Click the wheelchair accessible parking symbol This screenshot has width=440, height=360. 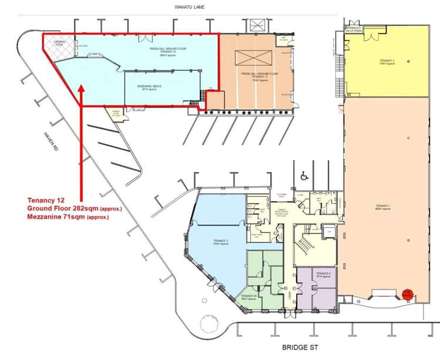(304, 176)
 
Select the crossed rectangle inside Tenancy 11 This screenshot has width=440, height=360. (253, 58)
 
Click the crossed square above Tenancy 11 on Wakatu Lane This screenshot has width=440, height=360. (257, 26)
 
